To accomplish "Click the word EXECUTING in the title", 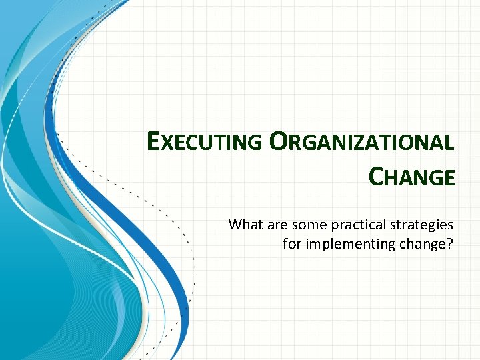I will point(205,142).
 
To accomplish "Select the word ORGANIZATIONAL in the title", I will point(362,142).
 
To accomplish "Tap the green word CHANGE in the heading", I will point(411,177).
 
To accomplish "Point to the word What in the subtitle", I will point(245,225).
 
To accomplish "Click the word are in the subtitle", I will point(276,225).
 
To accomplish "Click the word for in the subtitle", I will point(291,244).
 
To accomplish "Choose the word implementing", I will point(345,244).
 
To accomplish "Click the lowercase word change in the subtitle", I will point(420,244).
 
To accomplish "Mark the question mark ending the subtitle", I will point(450,244).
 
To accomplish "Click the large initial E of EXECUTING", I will point(154,141).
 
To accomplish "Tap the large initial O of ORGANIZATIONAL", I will point(279,141).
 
